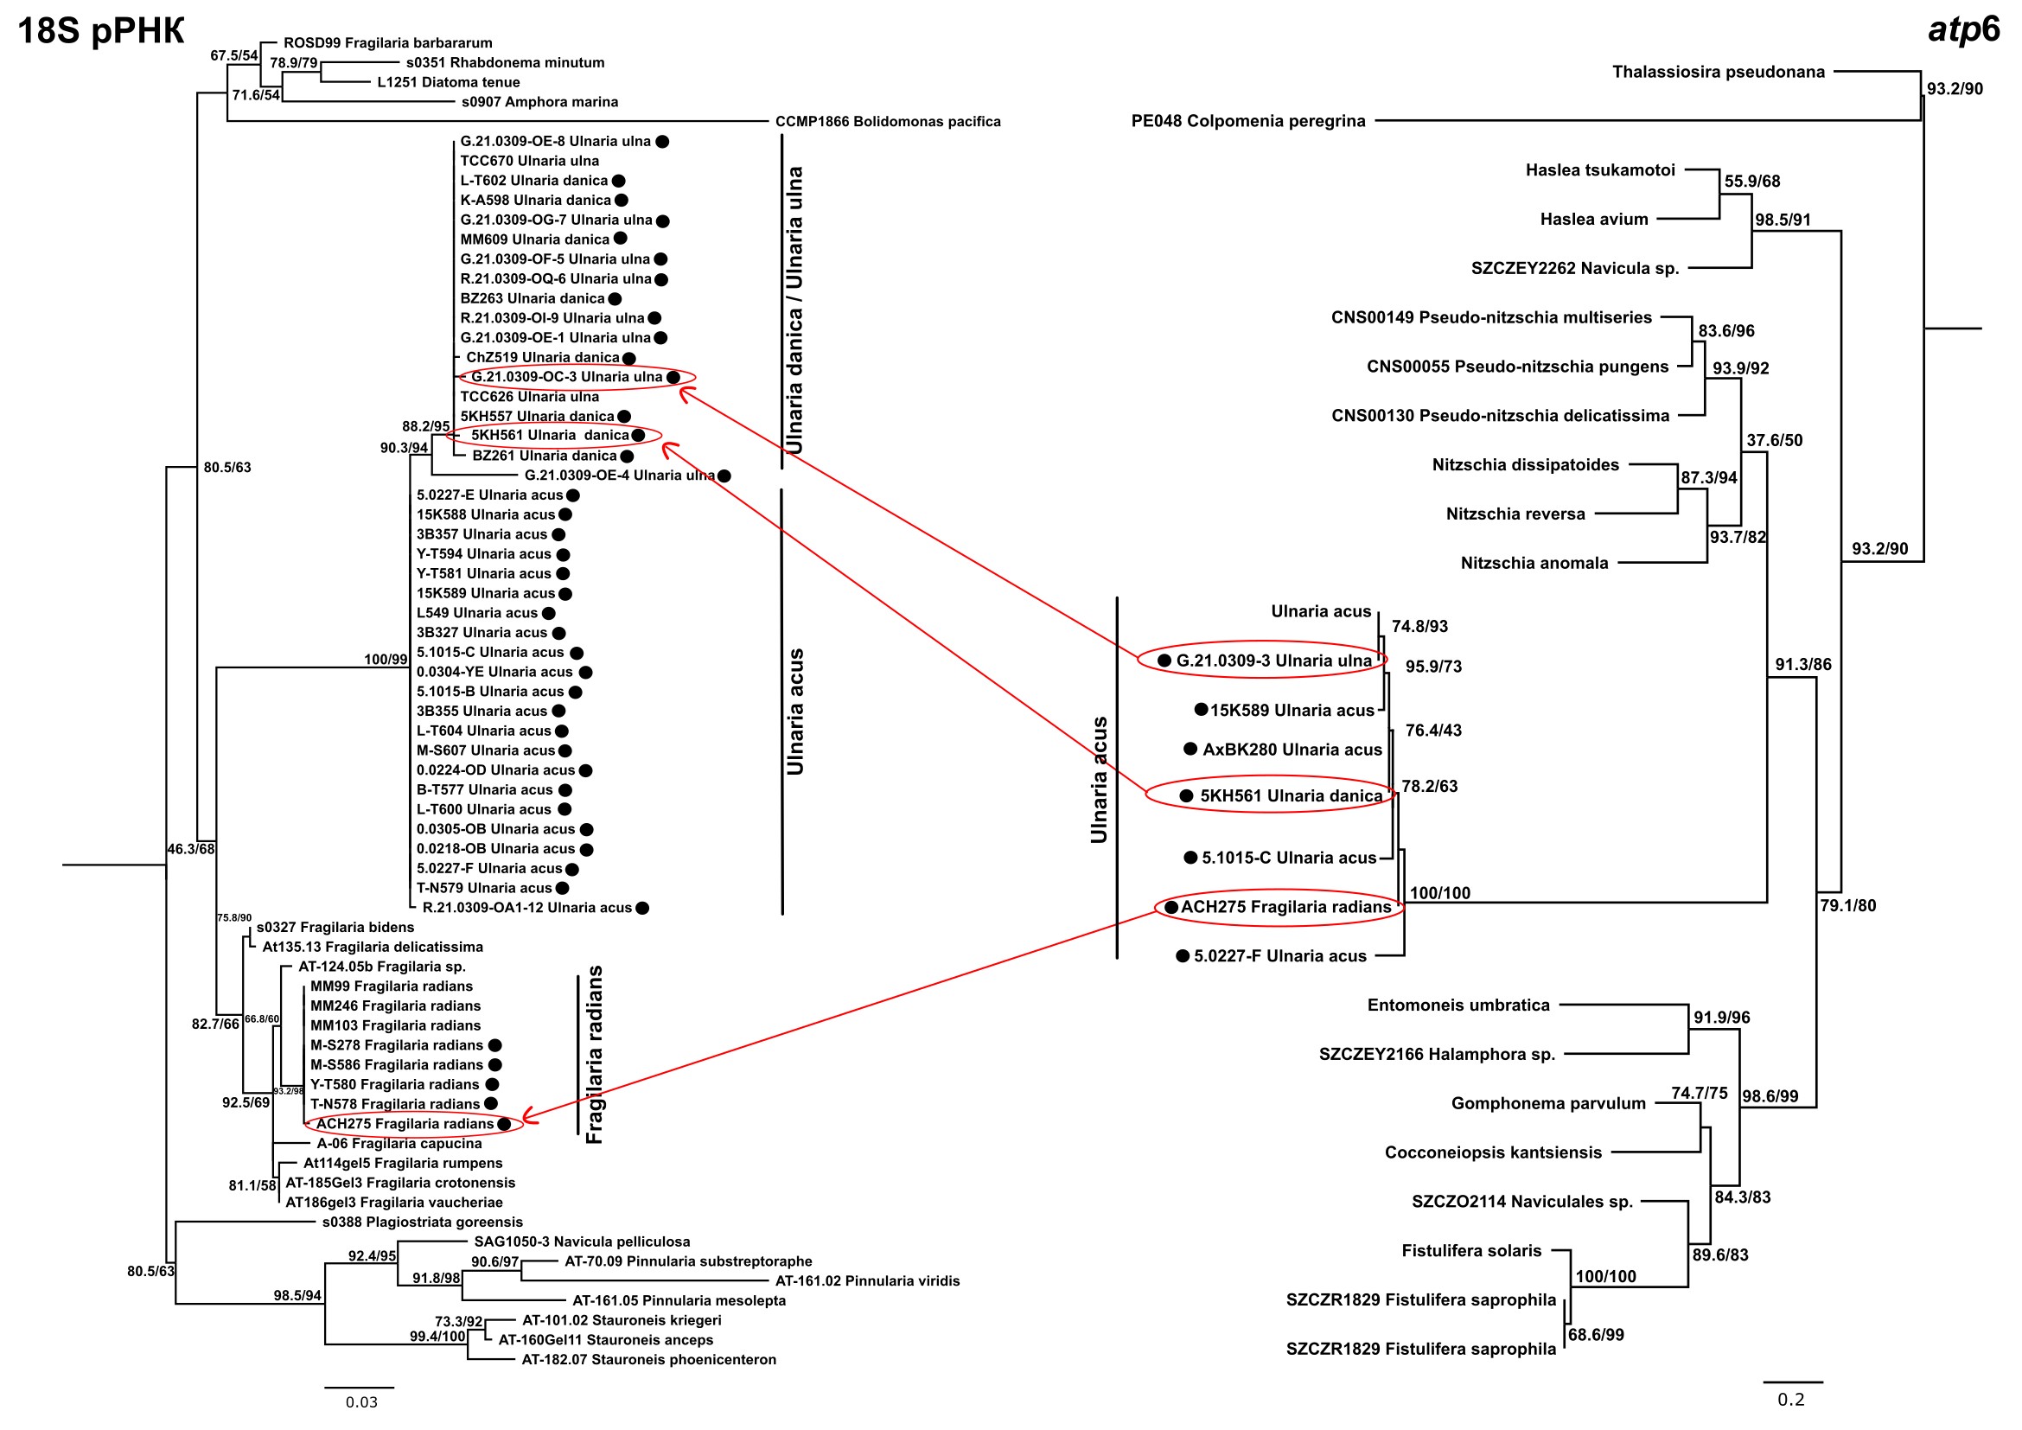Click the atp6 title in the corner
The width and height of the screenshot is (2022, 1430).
[x=1964, y=29]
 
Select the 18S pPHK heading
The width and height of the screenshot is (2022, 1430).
[x=100, y=31]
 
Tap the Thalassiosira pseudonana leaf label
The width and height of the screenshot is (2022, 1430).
[x=1719, y=73]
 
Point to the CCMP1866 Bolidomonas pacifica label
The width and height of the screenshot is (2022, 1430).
[x=888, y=122]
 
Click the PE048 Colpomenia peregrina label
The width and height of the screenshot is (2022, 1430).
[x=1248, y=121]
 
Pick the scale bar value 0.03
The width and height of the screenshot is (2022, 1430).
[x=361, y=1402]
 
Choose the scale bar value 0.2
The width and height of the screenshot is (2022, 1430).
[x=1790, y=1400]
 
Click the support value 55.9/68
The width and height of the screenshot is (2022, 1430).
[x=1751, y=182]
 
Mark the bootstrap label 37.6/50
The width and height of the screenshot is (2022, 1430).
[x=1774, y=440]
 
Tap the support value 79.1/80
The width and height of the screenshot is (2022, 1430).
[x=1847, y=905]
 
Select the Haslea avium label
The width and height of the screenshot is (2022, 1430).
[x=1593, y=220]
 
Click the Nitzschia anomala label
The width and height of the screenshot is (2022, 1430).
[x=1534, y=563]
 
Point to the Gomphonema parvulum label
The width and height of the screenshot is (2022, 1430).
[x=1548, y=1103]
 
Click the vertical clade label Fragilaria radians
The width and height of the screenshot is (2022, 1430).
[x=596, y=1054]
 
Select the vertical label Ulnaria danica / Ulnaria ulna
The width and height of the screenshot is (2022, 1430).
[x=795, y=310]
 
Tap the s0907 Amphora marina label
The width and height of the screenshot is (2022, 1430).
[x=539, y=102]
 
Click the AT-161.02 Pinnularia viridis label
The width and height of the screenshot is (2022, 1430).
[x=867, y=1281]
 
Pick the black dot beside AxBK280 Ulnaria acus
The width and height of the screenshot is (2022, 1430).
[x=1190, y=749]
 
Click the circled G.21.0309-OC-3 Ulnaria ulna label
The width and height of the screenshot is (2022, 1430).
[x=566, y=377]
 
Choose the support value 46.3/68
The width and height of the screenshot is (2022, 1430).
[x=191, y=849]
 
